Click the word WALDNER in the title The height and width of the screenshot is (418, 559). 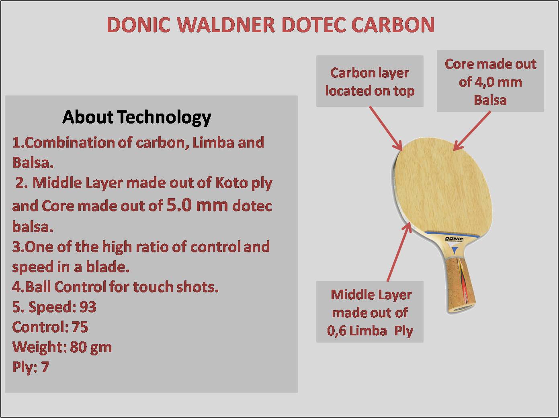[x=226, y=25]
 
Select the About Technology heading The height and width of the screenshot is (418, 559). [x=137, y=118]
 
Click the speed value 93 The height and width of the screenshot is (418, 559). [x=88, y=307]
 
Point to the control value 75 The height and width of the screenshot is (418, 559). [x=80, y=327]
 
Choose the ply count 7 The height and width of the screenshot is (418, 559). [x=45, y=367]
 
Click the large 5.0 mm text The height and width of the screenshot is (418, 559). [x=197, y=205]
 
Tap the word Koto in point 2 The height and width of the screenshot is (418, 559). [x=231, y=183]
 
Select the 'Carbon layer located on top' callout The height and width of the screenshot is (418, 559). [x=370, y=81]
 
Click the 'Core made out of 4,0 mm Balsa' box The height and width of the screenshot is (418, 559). [x=490, y=81]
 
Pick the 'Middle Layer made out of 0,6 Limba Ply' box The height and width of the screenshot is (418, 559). [x=370, y=312]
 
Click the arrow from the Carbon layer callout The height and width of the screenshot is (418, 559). [x=385, y=129]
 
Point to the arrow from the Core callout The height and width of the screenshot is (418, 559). [x=472, y=131]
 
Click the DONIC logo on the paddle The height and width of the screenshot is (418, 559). [x=454, y=239]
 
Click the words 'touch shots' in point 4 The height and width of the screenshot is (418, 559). [x=176, y=287]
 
